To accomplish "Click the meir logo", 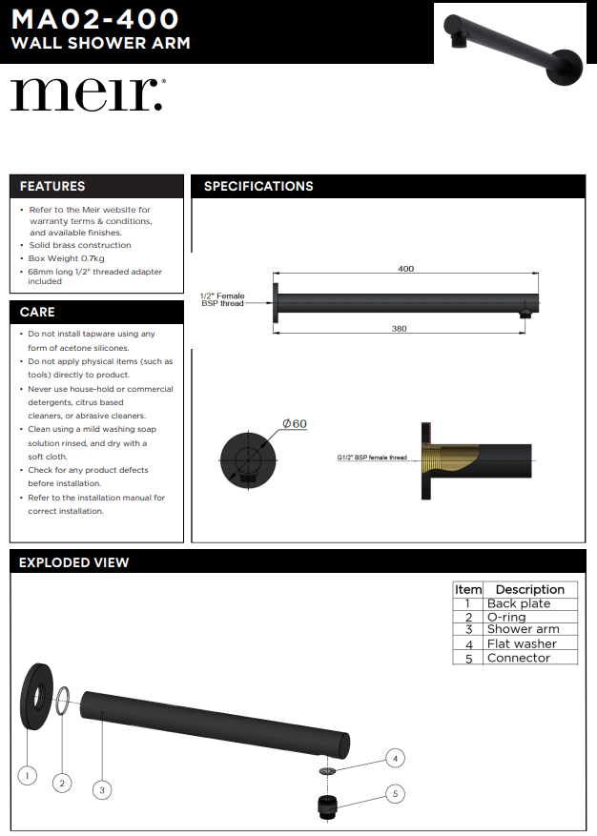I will click(x=87, y=94).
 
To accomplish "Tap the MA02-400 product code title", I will click(x=94, y=19).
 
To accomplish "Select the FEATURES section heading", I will click(x=52, y=186).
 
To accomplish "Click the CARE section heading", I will click(x=37, y=312).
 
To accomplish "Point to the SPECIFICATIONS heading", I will click(x=258, y=186).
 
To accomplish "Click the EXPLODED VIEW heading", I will click(x=74, y=562).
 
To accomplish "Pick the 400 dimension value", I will click(x=405, y=269).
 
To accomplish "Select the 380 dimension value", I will click(x=399, y=328).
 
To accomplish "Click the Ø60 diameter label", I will click(x=294, y=423).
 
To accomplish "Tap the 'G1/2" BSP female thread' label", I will click(x=372, y=458).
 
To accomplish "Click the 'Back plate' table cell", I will click(x=519, y=603).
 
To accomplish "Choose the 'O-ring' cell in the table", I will click(x=506, y=617).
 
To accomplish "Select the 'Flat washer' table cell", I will click(x=522, y=643).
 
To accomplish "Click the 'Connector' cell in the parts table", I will click(x=519, y=658).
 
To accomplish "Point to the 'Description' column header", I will click(x=530, y=589).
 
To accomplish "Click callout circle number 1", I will click(x=28, y=776).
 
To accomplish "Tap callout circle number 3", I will click(x=102, y=788).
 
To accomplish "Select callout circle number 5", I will click(x=395, y=793).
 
